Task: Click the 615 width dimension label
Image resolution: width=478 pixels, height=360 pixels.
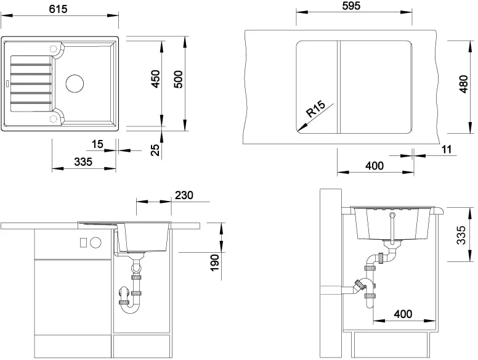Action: point(58,9)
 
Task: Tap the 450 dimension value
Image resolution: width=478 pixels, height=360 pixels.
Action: point(155,79)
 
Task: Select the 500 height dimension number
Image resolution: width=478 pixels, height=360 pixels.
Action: point(179,80)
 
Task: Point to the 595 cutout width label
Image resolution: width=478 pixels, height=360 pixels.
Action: point(351,6)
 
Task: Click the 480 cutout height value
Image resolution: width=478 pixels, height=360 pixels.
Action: point(463,84)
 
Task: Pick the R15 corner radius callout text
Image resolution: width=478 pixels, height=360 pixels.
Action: point(316,109)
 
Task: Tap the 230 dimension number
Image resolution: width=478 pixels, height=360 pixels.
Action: point(184,195)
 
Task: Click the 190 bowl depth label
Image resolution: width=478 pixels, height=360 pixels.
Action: point(214,263)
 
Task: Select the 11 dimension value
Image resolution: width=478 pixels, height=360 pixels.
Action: point(447,149)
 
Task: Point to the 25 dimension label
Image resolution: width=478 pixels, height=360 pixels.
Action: point(155,150)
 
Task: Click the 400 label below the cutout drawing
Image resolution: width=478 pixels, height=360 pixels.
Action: point(375,166)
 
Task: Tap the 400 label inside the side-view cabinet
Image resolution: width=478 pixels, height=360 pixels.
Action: point(403,314)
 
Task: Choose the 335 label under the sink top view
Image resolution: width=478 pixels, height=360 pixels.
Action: point(83,162)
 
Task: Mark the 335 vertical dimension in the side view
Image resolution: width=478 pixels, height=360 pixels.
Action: point(461,235)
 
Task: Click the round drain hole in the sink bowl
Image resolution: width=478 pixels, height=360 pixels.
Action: point(75,83)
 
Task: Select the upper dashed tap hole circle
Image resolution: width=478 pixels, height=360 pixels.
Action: point(54,49)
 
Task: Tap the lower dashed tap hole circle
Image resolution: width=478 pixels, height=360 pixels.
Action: point(54,118)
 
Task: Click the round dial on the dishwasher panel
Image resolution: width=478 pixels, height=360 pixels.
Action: point(95,242)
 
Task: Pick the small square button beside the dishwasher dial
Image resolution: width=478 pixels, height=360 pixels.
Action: point(83,243)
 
